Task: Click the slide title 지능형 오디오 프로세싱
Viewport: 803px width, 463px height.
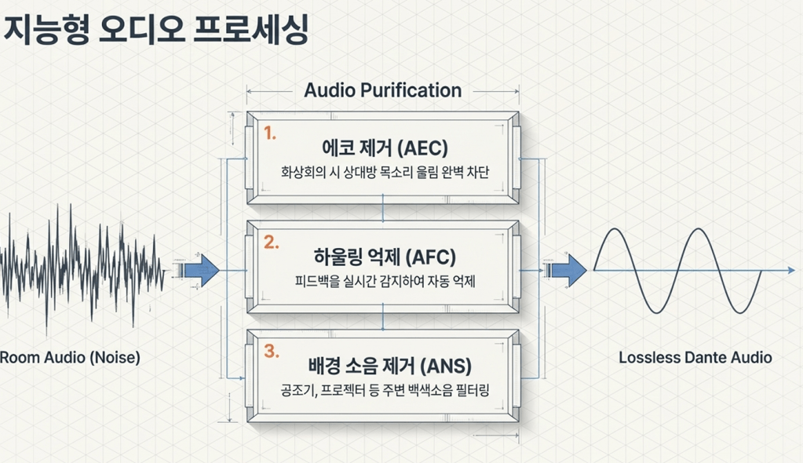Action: pyautogui.click(x=155, y=30)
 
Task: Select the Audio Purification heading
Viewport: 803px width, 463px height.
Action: pyautogui.click(x=383, y=90)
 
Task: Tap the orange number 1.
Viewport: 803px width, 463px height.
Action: pyautogui.click(x=270, y=133)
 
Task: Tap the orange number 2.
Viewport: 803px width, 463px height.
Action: pyautogui.click(x=272, y=242)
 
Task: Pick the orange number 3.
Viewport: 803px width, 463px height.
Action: pyautogui.click(x=272, y=351)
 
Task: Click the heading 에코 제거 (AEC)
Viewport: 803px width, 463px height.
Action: pyautogui.click(x=385, y=148)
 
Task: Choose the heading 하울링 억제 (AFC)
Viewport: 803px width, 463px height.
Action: pyautogui.click(x=385, y=257)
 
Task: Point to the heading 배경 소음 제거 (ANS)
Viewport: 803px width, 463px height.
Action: pyautogui.click(x=389, y=366)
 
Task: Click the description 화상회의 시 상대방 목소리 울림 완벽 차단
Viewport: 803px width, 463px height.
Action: pyautogui.click(x=385, y=172)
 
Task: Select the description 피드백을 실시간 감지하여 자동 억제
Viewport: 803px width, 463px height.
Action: pyautogui.click(x=385, y=281)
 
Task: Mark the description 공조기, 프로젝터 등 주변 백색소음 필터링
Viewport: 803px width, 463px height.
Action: pyautogui.click(x=385, y=390)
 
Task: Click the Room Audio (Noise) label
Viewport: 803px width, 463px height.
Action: pyautogui.click(x=70, y=357)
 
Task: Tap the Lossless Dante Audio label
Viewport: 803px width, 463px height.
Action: pyautogui.click(x=695, y=357)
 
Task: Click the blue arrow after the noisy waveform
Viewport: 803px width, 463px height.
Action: pyautogui.click(x=202, y=271)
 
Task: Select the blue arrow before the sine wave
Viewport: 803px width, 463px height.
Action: pyautogui.click(x=569, y=270)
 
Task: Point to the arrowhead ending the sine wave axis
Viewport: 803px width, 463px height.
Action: pyautogui.click(x=791, y=270)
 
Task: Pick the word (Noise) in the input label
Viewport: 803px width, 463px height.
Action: pyautogui.click(x=115, y=357)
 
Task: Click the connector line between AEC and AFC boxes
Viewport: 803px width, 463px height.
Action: pyautogui.click(x=383, y=207)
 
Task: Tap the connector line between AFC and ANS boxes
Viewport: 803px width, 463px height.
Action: pyautogui.click(x=383, y=316)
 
